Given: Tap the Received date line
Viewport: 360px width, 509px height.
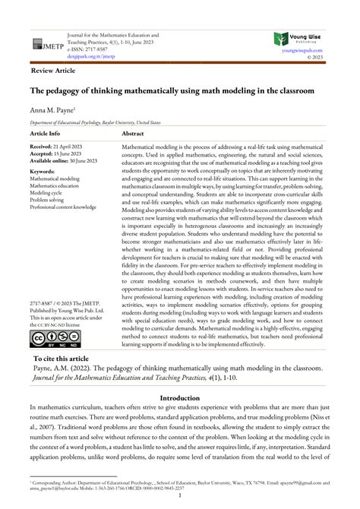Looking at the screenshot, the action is [x=60, y=144].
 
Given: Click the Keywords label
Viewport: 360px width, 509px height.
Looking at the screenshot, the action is [x=46, y=172].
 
